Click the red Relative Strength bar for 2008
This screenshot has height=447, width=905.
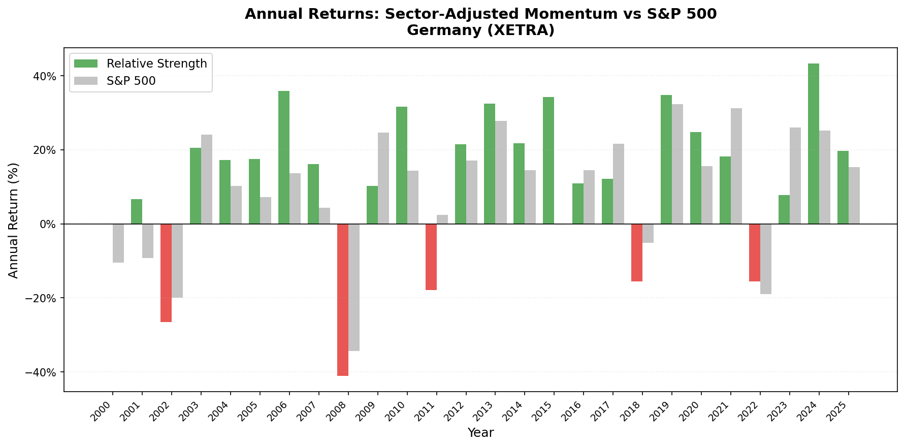343,300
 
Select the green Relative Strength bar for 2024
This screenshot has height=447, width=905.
814,144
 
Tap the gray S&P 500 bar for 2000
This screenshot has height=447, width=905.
118,243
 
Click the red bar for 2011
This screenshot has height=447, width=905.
431,257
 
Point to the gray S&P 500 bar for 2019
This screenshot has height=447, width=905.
677,164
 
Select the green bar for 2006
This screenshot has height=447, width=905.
284,157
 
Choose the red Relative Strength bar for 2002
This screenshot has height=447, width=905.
166,273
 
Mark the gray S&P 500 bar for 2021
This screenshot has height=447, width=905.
736,166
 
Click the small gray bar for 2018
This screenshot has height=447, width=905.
648,233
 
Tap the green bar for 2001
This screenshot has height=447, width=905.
137,211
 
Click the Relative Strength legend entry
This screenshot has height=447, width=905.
156,63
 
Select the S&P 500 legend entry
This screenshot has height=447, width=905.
131,81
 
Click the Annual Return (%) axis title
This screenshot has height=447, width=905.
14,220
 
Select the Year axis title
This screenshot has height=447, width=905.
480,433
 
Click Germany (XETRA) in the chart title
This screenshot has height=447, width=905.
480,30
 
